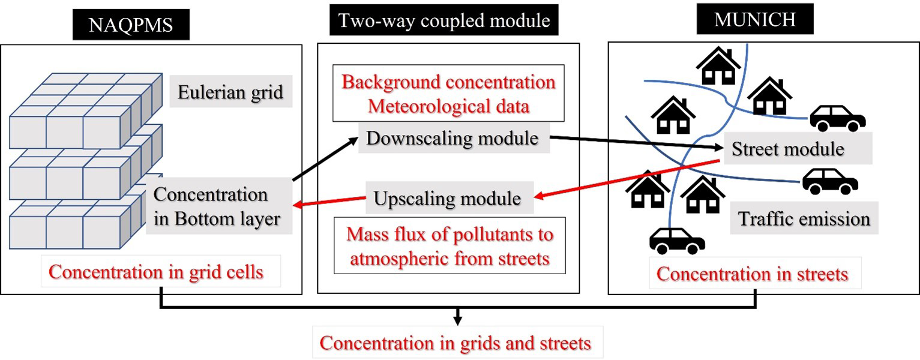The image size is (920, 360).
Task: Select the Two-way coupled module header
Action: coord(445,21)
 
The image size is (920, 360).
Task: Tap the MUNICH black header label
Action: coord(755,19)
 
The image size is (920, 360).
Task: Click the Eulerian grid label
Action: coord(230,93)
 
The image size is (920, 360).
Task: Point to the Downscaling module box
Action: coord(452,139)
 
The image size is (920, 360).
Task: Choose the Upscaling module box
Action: coord(447,198)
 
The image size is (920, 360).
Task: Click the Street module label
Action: coord(788,149)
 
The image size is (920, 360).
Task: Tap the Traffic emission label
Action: coord(804,218)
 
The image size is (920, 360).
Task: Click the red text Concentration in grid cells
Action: coord(156,272)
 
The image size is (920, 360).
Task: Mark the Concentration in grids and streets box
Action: coord(455,343)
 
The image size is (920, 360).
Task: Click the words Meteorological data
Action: coord(448,107)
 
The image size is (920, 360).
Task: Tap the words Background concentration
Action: coord(448,82)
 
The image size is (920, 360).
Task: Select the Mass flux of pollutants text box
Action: coord(449,246)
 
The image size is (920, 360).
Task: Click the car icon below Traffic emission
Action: coord(677,241)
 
